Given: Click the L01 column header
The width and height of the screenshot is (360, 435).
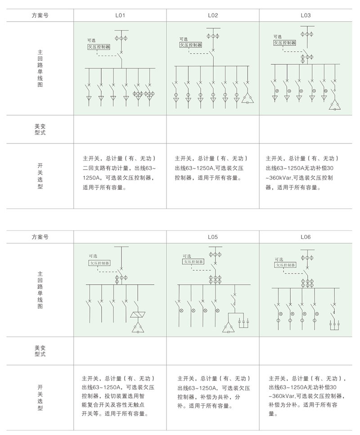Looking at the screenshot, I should pos(120,15).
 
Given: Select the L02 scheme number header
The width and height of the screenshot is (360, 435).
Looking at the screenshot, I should pos(213,15).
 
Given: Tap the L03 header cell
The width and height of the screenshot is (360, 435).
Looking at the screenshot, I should pos(306,15).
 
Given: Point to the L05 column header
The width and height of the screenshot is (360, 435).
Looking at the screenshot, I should pos(213,237).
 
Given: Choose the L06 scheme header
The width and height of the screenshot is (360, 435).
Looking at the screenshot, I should pos(306,237).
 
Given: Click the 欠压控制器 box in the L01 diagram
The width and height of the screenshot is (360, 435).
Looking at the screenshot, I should pos(99,46).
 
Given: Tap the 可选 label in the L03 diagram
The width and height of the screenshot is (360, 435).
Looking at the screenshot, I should pos(278,36).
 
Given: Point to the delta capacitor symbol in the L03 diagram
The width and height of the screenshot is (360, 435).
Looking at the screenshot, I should pos(333,106).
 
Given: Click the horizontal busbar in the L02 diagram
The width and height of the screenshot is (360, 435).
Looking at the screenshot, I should pos(212,66).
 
